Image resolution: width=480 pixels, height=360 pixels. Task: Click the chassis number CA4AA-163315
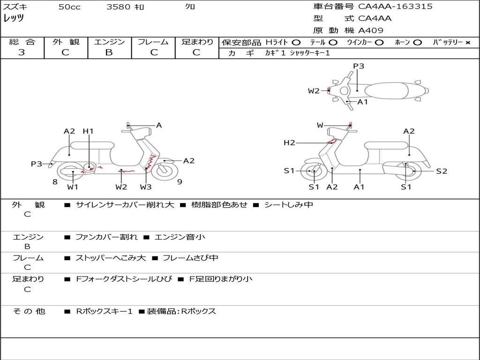tap(395, 7)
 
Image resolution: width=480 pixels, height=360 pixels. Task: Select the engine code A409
tap(371, 30)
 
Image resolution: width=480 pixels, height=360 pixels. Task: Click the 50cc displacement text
tap(69, 7)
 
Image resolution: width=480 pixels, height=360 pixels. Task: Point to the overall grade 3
tap(22, 52)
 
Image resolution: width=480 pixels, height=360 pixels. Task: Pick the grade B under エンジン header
tap(109, 52)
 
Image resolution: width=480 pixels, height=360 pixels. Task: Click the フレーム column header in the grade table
tap(153, 42)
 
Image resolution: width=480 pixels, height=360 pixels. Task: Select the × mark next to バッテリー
tap(468, 43)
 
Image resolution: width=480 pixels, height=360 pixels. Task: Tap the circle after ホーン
tap(417, 43)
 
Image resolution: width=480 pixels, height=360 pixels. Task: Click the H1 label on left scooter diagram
tap(88, 131)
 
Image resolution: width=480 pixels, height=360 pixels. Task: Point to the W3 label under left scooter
tap(146, 187)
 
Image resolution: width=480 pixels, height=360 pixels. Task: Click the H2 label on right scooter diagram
tap(289, 142)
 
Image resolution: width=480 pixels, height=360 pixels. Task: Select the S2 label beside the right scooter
tap(442, 171)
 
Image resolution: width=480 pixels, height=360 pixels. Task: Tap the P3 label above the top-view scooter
tap(359, 66)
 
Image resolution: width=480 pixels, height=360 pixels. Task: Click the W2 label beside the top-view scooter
tap(314, 91)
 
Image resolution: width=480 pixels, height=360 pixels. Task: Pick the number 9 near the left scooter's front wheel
tap(180, 181)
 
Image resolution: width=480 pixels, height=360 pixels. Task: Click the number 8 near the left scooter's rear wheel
tap(55, 181)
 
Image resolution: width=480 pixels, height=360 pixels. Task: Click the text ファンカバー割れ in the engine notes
tap(106, 237)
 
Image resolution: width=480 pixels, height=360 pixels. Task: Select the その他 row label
tap(29, 311)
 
